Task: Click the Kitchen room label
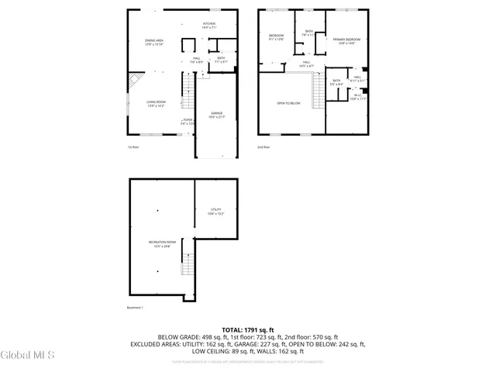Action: pyautogui.click(x=209, y=26)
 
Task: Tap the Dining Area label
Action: pyautogui.click(x=154, y=42)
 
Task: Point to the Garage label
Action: pyautogui.click(x=217, y=115)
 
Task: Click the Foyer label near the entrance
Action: pyautogui.click(x=187, y=122)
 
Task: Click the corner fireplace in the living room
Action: pyautogui.click(x=136, y=80)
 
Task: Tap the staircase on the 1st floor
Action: pyautogui.click(x=187, y=85)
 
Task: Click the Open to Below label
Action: pyautogui.click(x=288, y=103)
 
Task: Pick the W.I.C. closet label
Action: pyautogui.click(x=357, y=96)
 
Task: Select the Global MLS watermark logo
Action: pyautogui.click(x=28, y=356)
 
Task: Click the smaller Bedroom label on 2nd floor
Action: pyautogui.click(x=276, y=37)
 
